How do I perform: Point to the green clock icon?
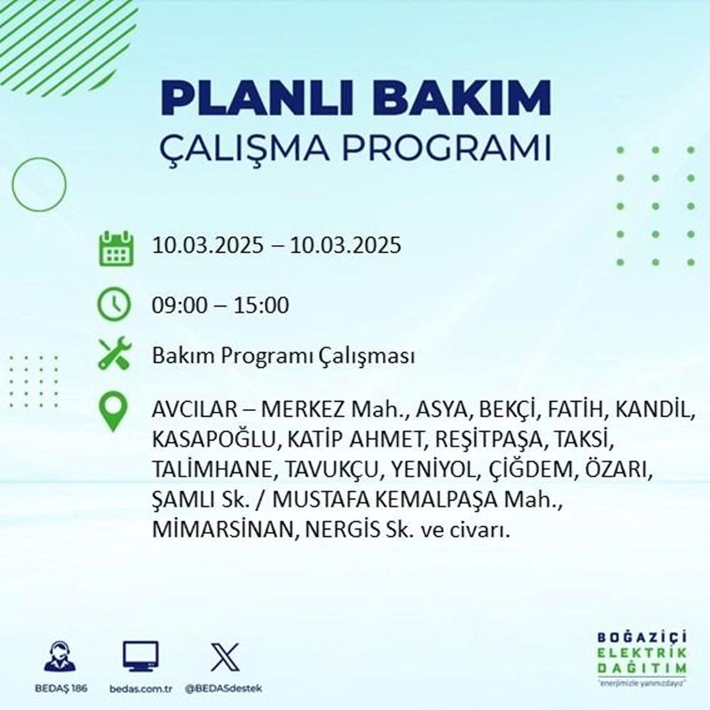[x=114, y=305]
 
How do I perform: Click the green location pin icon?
[x=114, y=412]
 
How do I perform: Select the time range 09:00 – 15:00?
[x=220, y=306]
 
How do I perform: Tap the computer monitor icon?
[x=141, y=656]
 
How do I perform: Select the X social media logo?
[x=224, y=656]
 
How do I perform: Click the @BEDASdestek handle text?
[x=224, y=689]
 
